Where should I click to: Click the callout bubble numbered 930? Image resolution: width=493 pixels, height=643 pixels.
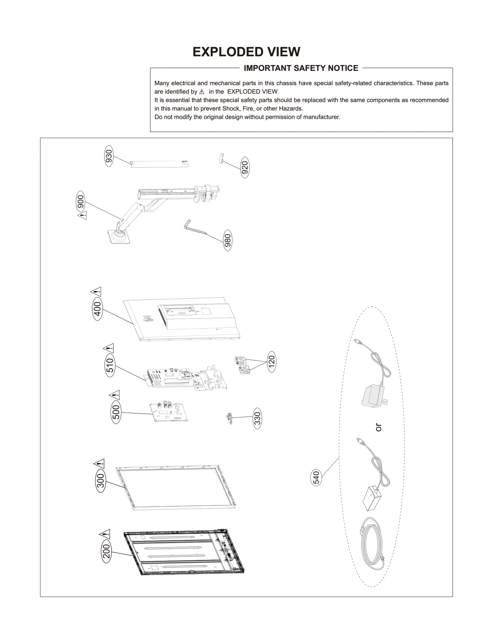tap(109, 156)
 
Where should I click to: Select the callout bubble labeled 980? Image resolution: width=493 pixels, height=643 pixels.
tap(227, 240)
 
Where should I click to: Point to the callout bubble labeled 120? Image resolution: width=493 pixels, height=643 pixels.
tap(271, 362)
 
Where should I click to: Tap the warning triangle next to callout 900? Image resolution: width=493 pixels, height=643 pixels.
tap(82, 215)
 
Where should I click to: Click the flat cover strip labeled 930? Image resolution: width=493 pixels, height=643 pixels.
tap(159, 164)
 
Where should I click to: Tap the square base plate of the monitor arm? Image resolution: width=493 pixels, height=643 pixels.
tap(119, 238)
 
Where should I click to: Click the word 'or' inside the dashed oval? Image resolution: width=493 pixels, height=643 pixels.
tap(378, 427)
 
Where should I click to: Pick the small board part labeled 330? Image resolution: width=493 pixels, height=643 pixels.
tap(229, 418)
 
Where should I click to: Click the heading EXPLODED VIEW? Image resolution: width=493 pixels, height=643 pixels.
tap(246, 52)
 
